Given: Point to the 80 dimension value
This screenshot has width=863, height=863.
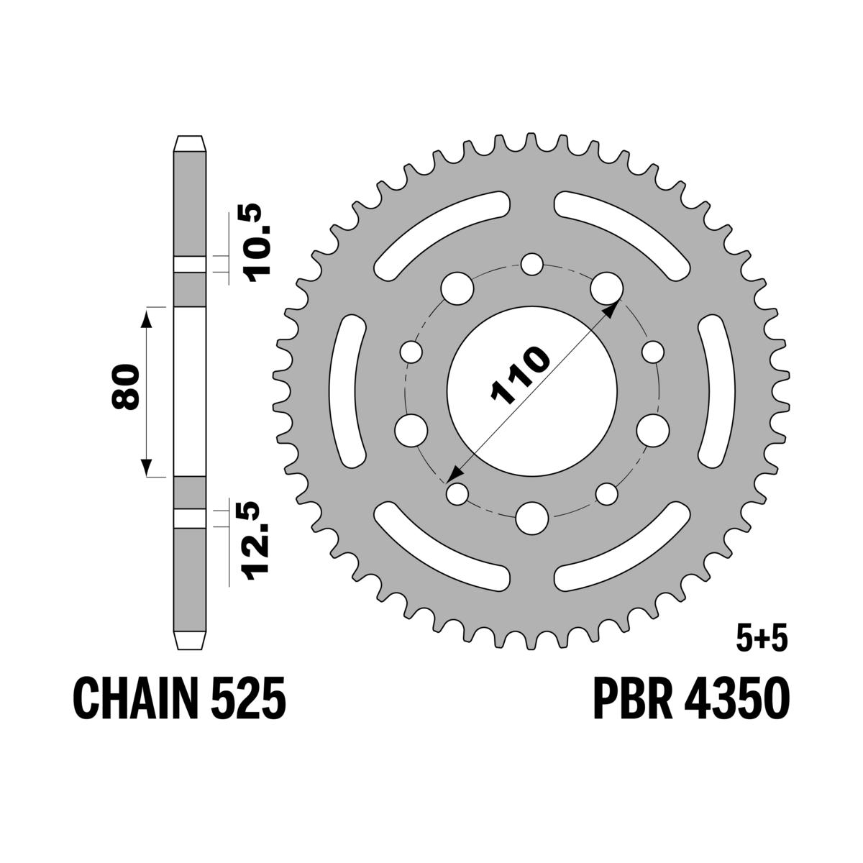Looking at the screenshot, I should coord(126,388).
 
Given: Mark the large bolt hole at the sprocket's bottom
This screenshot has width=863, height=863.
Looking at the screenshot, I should coord(532,518).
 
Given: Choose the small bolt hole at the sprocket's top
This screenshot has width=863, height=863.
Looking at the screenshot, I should coord(531,265).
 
